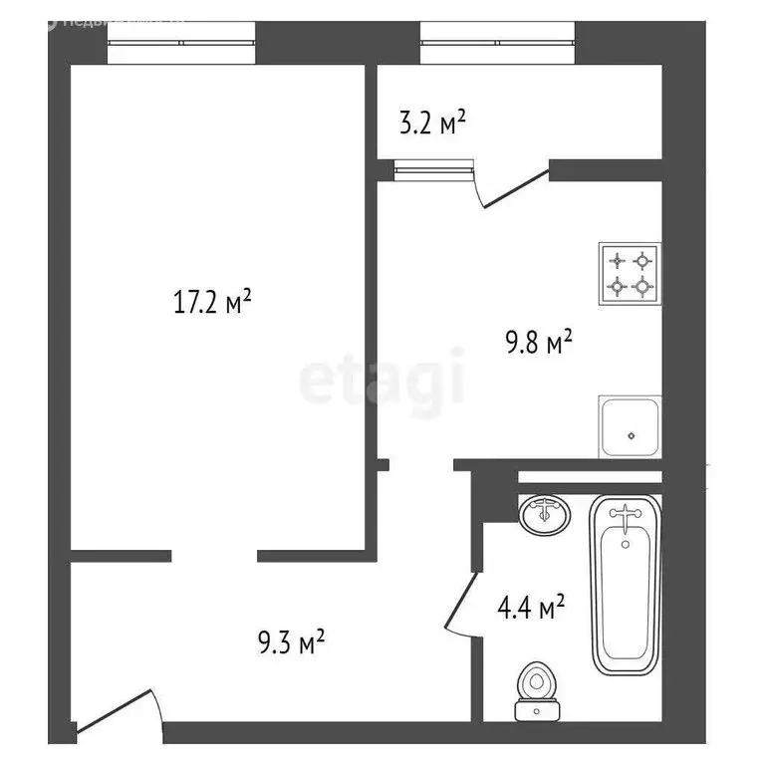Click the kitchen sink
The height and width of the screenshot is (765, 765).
630,426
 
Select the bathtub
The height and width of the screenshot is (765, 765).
625,584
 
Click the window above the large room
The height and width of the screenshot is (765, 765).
180,43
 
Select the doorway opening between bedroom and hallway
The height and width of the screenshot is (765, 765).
217,554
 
